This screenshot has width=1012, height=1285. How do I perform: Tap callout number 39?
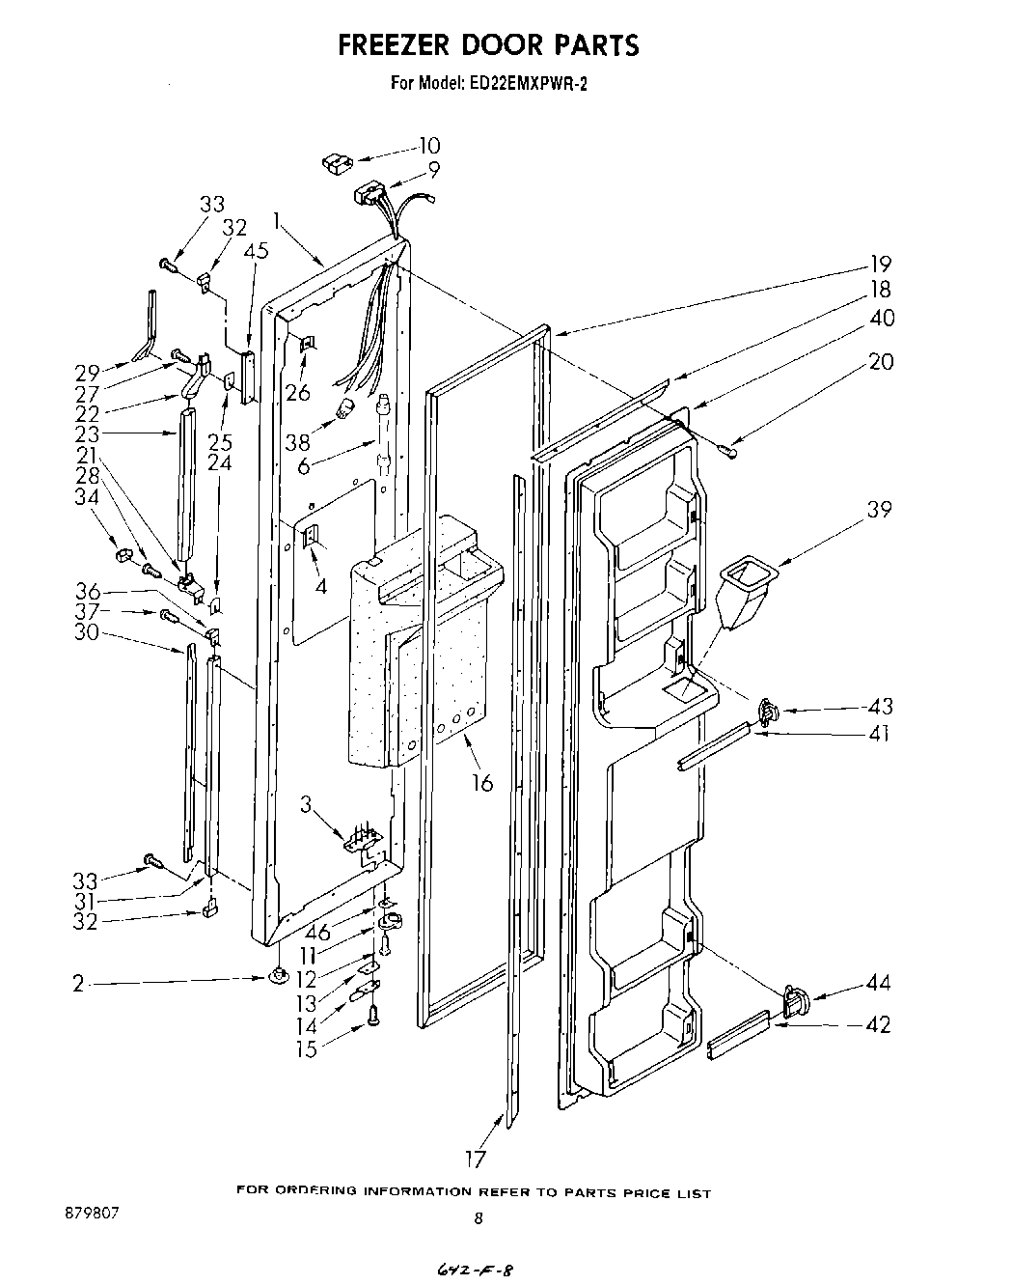coord(878,510)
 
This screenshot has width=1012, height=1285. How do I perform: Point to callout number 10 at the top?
coord(428,146)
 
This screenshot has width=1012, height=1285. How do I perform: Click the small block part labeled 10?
coord(337,162)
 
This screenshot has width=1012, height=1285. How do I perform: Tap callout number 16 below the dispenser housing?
coord(481,783)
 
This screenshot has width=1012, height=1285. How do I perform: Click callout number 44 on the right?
coord(878,984)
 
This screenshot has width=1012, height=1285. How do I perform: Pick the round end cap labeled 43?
coord(767,712)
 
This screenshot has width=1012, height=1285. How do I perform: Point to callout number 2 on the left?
coord(77,985)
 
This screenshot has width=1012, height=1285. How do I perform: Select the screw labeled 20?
coord(729,447)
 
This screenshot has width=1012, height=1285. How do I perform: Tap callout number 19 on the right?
coord(879,264)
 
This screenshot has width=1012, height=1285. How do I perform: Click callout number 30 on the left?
coord(90,634)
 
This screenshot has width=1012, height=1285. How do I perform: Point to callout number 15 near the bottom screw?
coord(306,1049)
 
